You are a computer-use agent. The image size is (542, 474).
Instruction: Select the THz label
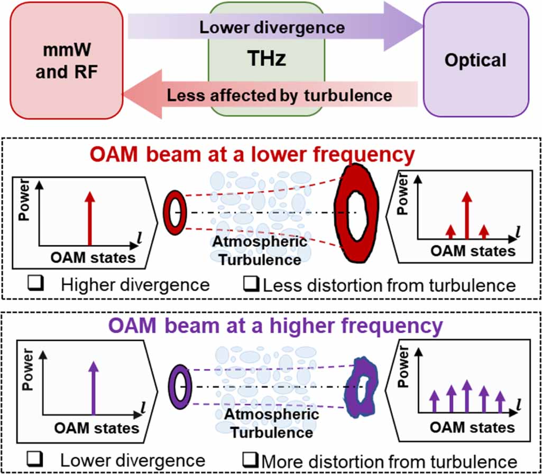(267, 58)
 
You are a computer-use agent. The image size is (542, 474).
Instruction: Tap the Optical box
(475, 59)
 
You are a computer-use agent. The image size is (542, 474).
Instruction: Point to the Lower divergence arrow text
(272, 27)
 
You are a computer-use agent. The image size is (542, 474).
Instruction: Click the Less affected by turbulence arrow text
(280, 95)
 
